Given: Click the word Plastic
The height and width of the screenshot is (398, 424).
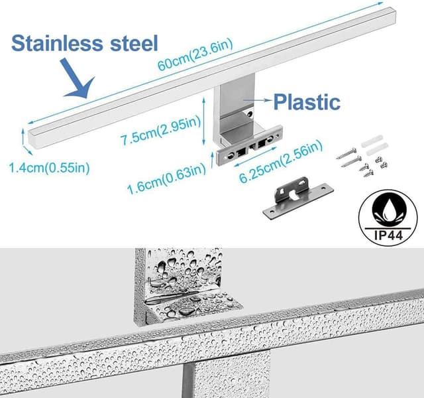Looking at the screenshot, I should click(x=307, y=102).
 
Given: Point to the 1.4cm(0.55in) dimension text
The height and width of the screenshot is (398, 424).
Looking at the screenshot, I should click(x=50, y=167).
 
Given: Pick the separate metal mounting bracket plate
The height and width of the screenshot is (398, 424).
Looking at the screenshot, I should click(x=294, y=198).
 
